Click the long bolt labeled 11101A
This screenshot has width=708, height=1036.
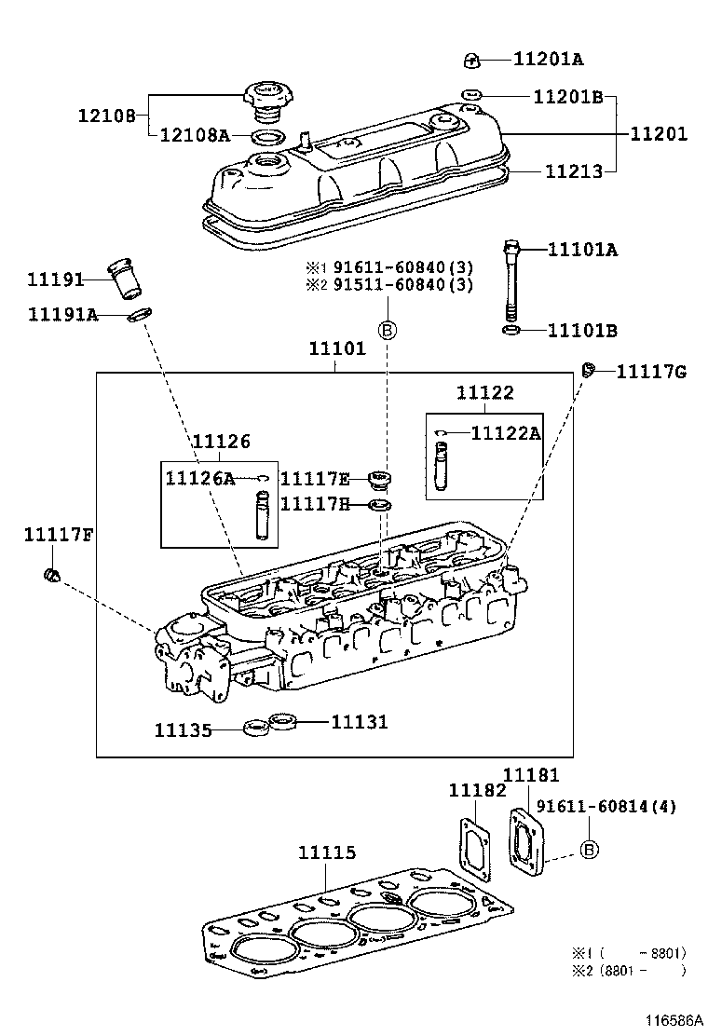coord(511,279)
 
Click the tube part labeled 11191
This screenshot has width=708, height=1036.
coord(121,278)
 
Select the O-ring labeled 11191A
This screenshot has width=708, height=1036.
coord(139,315)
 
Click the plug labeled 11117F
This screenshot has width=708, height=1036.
coord(53,576)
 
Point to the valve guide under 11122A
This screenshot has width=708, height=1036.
coord(442,467)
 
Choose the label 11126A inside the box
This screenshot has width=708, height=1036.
coord(199,478)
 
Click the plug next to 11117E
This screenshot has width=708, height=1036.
coord(379,480)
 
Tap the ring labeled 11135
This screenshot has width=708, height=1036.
coord(253,728)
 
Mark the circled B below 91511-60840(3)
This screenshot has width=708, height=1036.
coord(387,329)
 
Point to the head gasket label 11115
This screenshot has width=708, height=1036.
coord(326,852)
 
